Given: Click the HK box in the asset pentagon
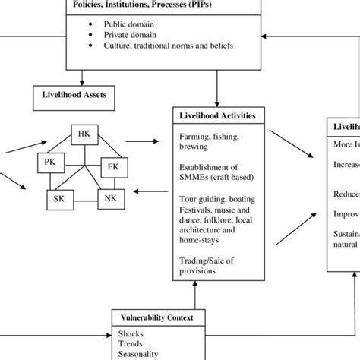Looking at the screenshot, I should [84, 135].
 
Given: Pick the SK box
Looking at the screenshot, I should [58, 198].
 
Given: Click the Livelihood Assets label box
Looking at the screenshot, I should [69, 96].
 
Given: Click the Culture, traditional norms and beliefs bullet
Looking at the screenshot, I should [168, 46].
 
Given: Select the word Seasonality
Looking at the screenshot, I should [137, 354].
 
